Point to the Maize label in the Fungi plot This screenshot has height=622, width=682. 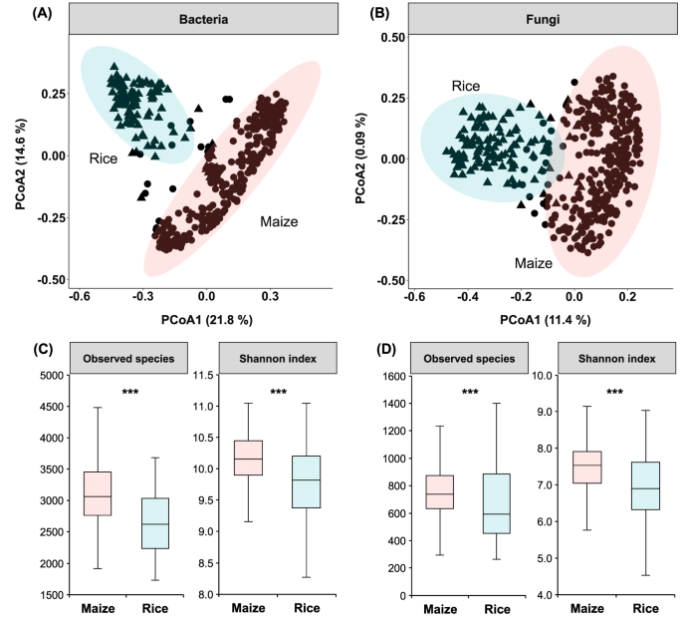click(534, 263)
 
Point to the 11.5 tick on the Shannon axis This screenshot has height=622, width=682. click(205, 375)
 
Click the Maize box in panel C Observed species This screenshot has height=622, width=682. click(98, 493)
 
